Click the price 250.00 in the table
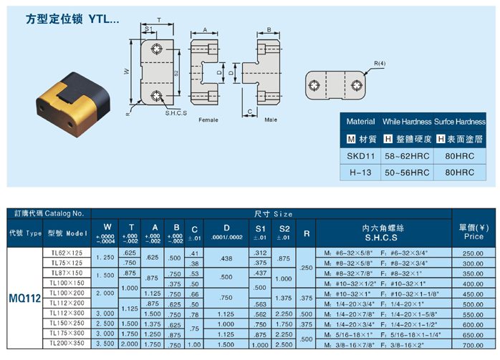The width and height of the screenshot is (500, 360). click(x=473, y=253)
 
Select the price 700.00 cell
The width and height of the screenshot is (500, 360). click(x=473, y=344)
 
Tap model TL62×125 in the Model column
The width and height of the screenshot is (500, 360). click(x=67, y=253)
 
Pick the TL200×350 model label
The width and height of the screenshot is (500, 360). click(x=67, y=344)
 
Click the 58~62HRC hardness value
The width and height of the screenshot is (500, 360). click(x=406, y=155)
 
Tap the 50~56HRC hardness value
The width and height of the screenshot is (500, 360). click(x=406, y=172)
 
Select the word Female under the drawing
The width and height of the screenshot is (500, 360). click(x=208, y=120)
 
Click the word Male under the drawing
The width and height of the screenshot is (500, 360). click(x=270, y=120)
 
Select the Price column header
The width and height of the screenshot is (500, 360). click(x=473, y=231)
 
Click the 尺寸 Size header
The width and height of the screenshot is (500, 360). click(x=274, y=213)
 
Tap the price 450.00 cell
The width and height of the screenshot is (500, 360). click(x=473, y=293)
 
